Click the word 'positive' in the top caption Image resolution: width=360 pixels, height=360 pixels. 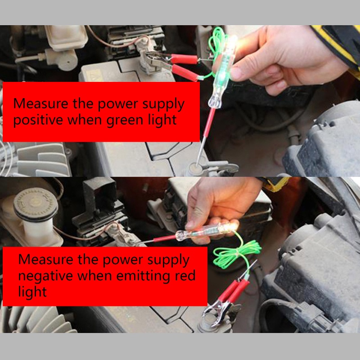click(x=38, y=120)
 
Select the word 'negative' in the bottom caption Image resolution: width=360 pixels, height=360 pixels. click(x=45, y=276)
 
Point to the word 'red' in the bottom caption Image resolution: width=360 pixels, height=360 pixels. click(x=185, y=275)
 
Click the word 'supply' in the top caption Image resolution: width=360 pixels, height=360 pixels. click(x=163, y=104)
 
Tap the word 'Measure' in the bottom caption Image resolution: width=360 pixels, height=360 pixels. click(x=46, y=260)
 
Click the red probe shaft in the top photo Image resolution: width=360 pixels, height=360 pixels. click(x=210, y=122)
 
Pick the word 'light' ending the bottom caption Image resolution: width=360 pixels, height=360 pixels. click(x=32, y=292)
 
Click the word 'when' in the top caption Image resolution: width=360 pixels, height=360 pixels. click(x=85, y=120)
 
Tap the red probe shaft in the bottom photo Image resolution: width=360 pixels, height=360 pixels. click(x=164, y=238)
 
